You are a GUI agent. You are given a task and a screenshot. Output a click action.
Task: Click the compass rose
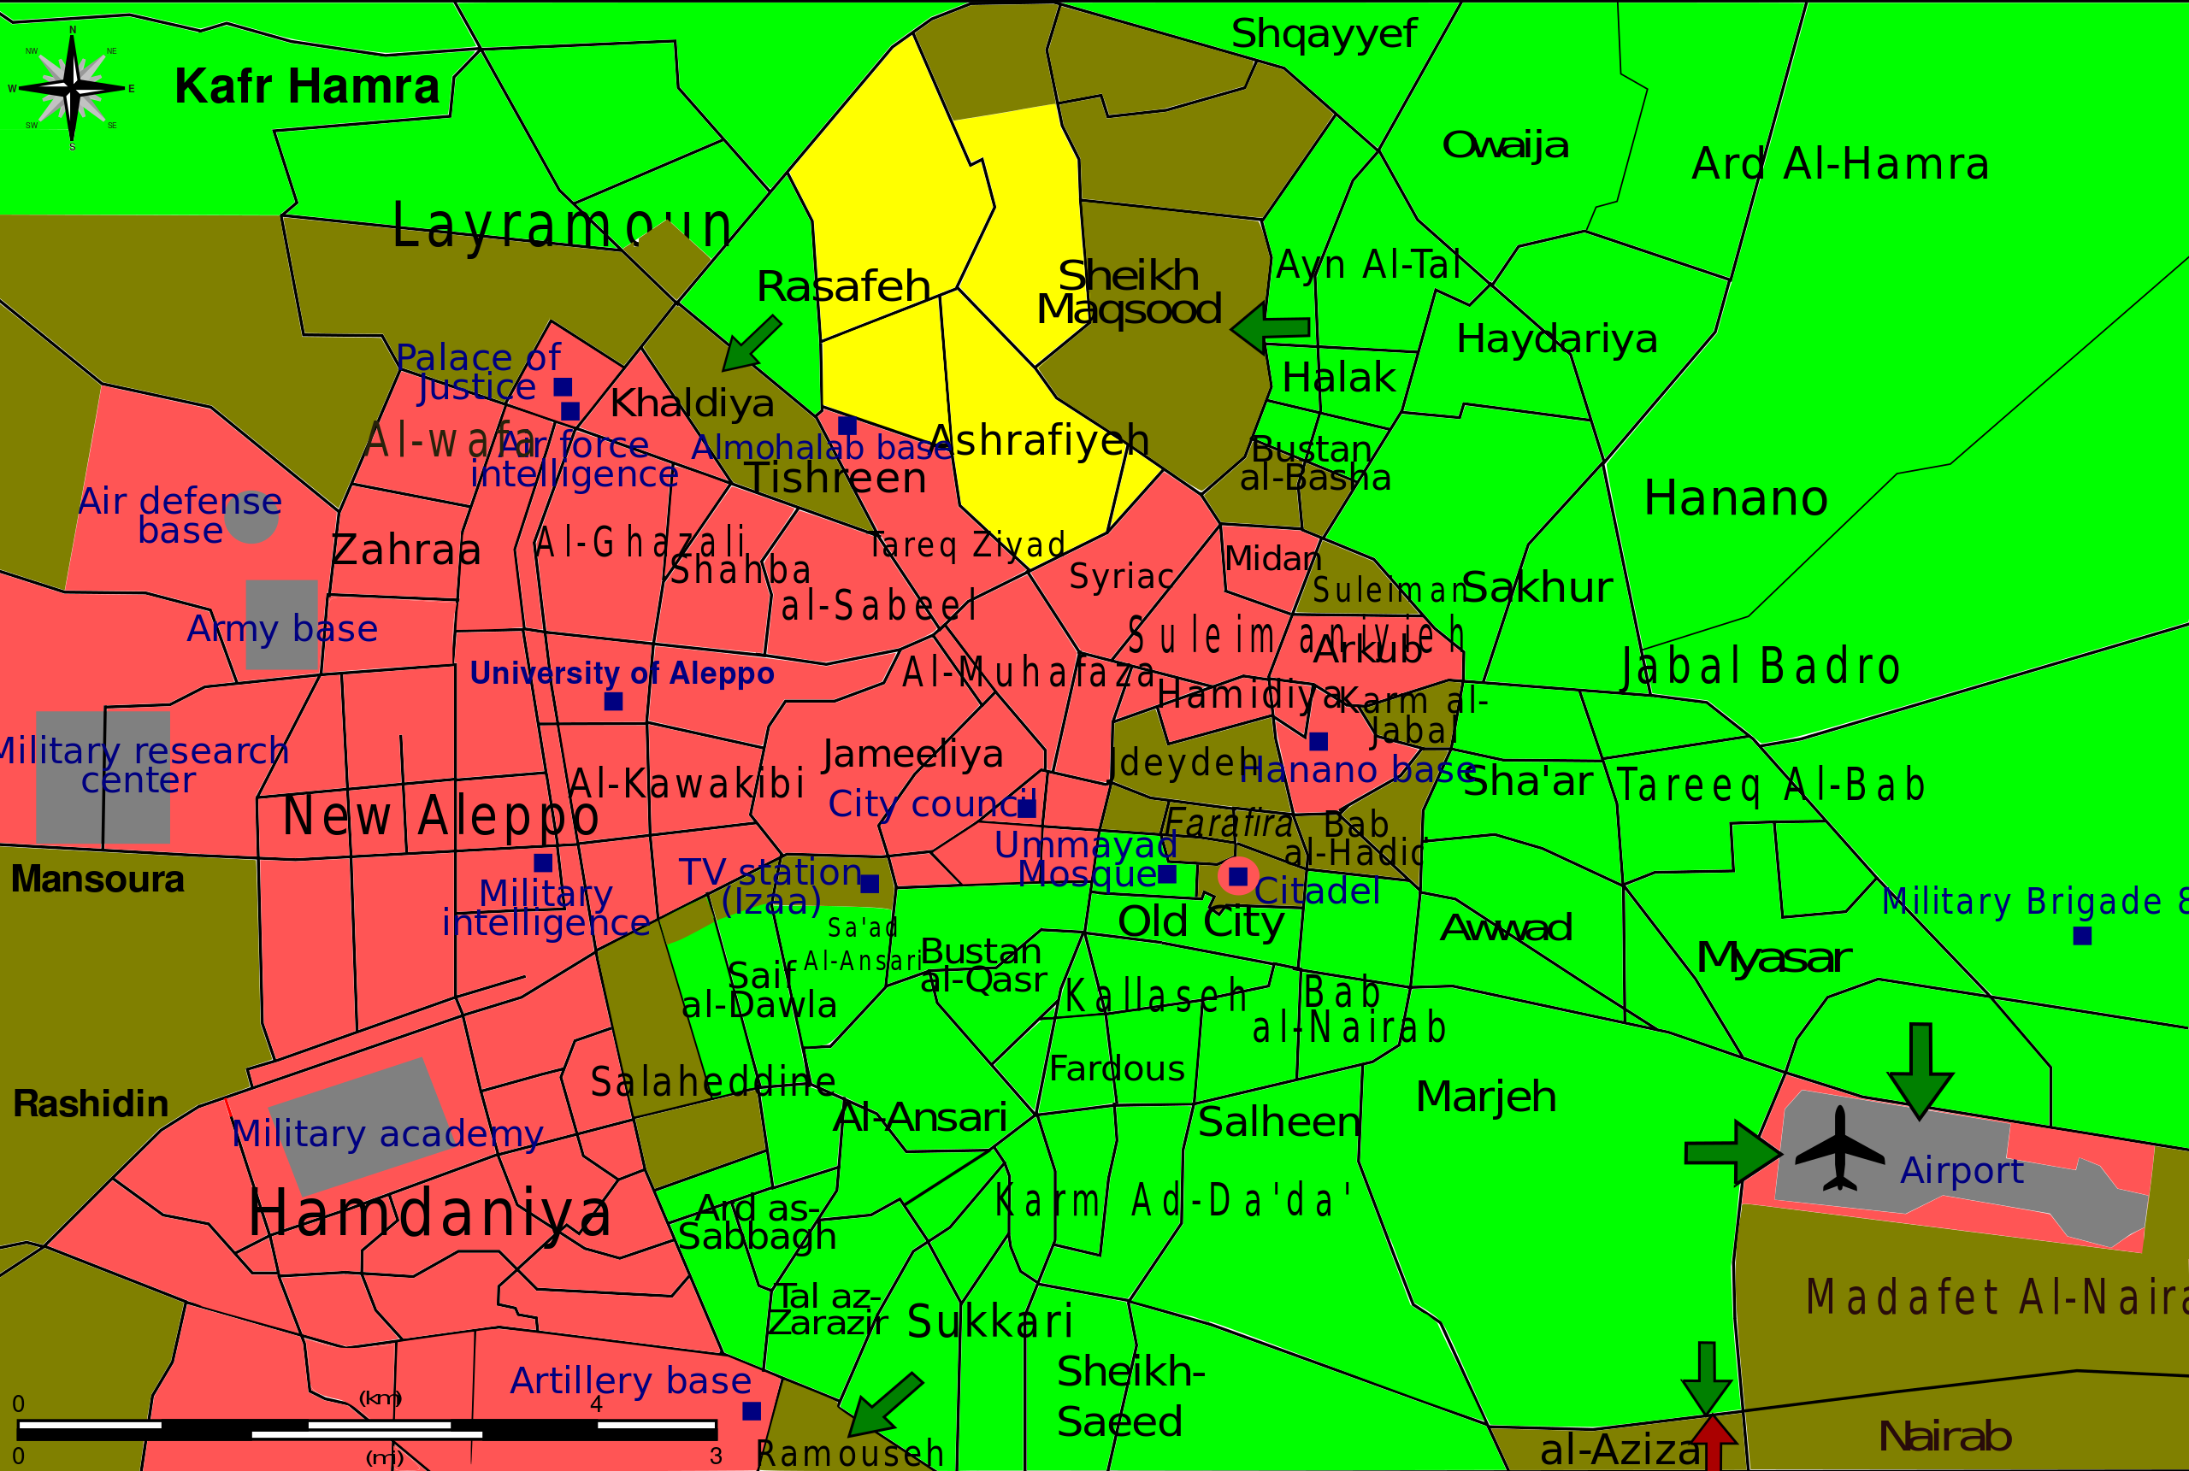[72, 88]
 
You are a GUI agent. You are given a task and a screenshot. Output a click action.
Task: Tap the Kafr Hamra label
[307, 86]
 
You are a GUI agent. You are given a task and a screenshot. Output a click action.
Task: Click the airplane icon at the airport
[1839, 1150]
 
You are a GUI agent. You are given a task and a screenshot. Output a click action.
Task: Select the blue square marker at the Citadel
[1238, 876]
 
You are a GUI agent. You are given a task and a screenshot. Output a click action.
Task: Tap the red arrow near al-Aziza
[1714, 1442]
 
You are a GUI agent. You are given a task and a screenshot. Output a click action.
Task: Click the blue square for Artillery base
[752, 1411]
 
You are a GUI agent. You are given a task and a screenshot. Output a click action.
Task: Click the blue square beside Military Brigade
[2082, 935]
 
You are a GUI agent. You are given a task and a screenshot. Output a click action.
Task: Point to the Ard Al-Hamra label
[1840, 164]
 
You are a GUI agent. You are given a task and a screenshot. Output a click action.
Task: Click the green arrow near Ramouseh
[885, 1405]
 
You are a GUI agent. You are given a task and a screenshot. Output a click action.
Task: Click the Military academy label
[386, 1133]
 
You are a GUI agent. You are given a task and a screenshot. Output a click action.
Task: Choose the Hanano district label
[1736, 498]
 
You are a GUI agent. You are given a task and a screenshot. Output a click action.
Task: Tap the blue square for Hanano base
[1319, 741]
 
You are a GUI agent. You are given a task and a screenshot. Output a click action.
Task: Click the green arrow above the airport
[1921, 1070]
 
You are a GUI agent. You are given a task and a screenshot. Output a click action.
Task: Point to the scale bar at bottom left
[367, 1429]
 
